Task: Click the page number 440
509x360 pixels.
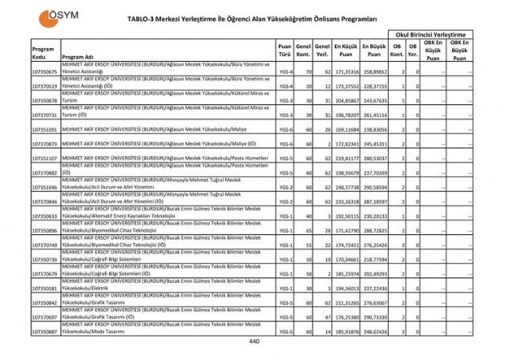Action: (x=254, y=342)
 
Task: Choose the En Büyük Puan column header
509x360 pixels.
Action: (x=374, y=50)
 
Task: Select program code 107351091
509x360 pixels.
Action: (x=45, y=129)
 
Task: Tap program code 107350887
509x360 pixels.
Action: (x=45, y=331)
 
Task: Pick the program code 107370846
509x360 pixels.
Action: (x=45, y=201)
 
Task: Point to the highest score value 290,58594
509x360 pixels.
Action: (x=374, y=187)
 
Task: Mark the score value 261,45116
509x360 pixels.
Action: (x=374, y=115)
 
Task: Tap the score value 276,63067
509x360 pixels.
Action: (x=374, y=302)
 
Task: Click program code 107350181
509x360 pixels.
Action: (x=45, y=288)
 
